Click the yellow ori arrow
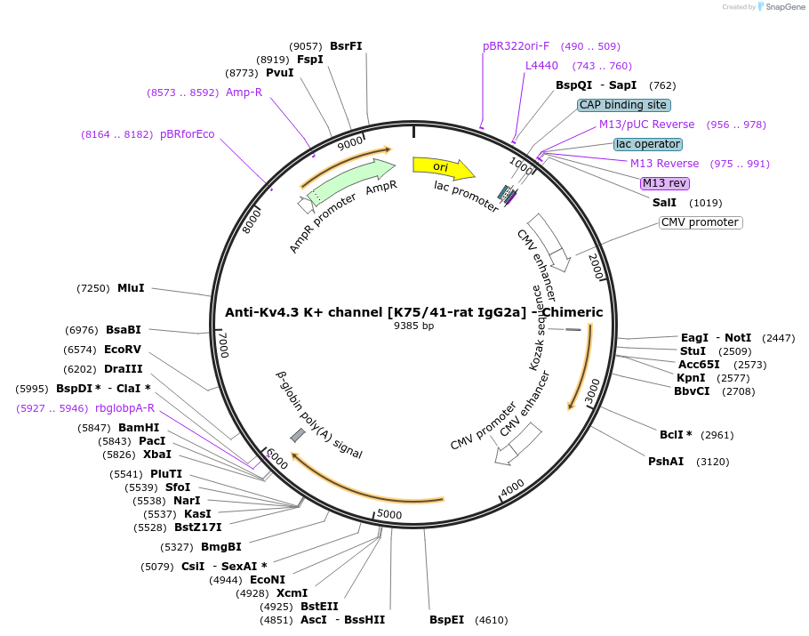[442, 167]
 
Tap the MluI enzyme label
[131, 288]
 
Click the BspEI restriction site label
[446, 620]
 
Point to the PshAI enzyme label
[666, 461]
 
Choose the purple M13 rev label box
[665, 183]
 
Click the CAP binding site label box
[623, 105]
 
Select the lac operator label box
[647, 144]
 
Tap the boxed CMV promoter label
[701, 222]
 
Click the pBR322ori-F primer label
[516, 46]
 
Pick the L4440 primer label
[541, 66]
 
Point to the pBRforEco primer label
[187, 134]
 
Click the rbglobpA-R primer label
[124, 408]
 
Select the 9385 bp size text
[414, 326]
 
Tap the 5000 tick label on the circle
[389, 514]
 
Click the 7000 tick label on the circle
[224, 345]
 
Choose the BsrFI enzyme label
[346, 46]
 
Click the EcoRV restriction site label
[123, 350]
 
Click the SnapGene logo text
[781, 6]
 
